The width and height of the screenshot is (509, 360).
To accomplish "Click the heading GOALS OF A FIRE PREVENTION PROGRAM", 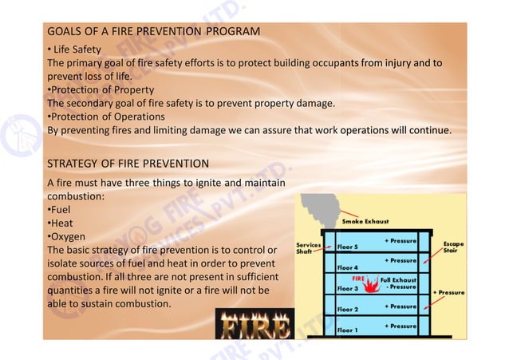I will (x=153, y=32).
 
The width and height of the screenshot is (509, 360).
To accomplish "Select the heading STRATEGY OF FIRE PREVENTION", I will (x=128, y=164).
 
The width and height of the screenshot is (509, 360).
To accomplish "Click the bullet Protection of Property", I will (x=101, y=89).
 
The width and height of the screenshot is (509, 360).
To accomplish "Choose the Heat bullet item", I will (x=61, y=224).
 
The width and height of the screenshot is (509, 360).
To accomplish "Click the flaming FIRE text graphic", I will (x=254, y=325).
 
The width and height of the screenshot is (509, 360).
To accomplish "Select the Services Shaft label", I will (x=309, y=248).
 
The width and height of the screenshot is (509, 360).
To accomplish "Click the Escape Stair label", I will (x=453, y=248).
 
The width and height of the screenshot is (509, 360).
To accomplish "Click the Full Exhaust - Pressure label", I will (x=397, y=283).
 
